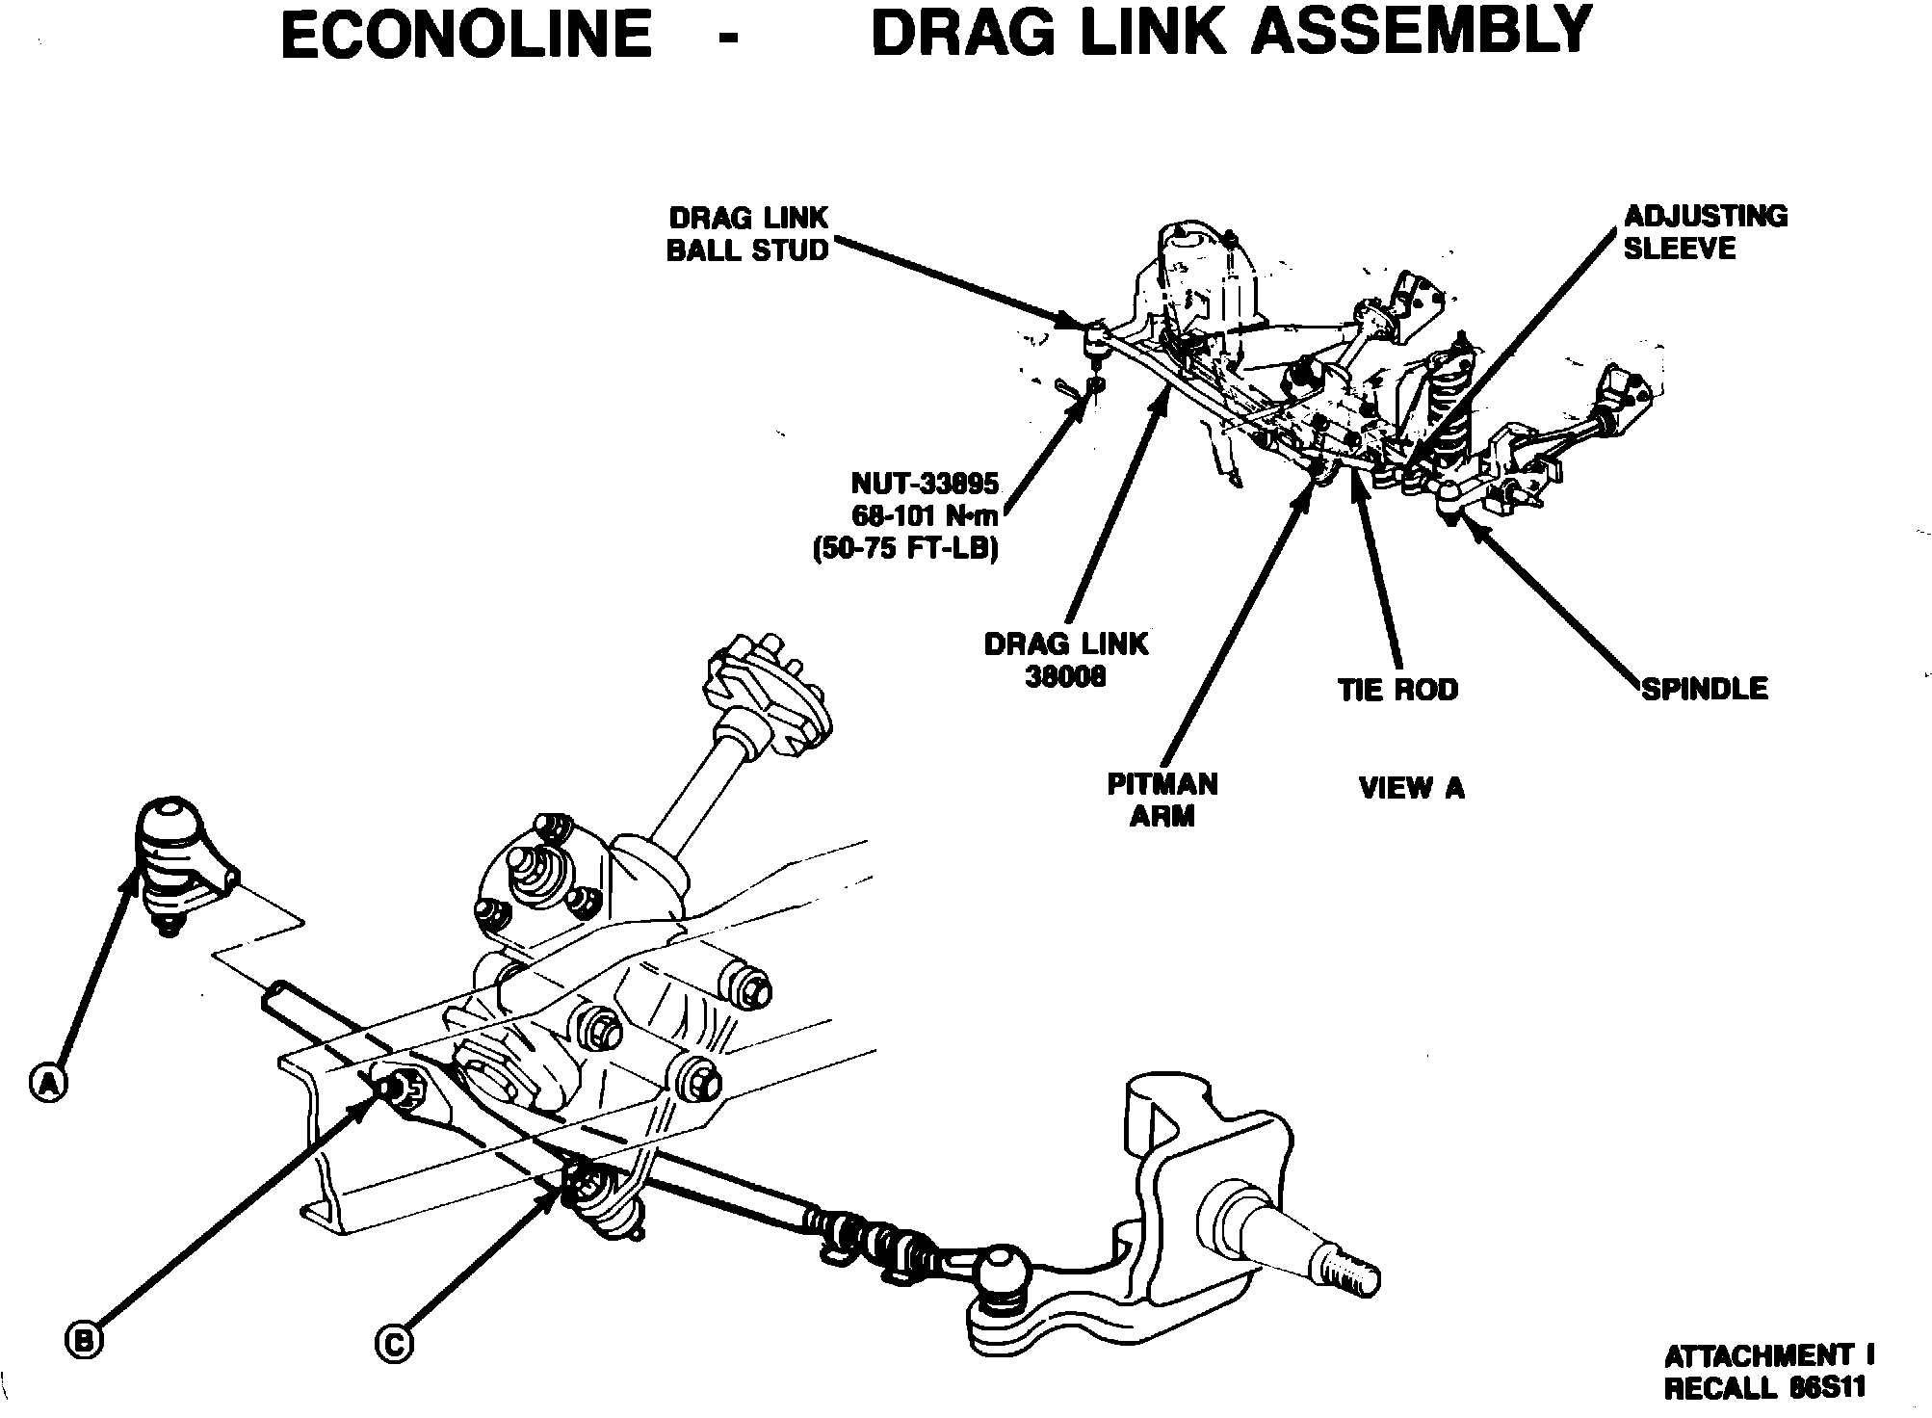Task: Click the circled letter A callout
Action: click(x=46, y=1083)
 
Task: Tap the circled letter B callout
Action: click(x=85, y=1339)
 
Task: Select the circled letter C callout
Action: click(x=394, y=1343)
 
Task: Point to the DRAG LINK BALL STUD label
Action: click(x=747, y=234)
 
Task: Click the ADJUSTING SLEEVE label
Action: click(x=1705, y=232)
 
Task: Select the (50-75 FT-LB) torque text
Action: click(x=903, y=548)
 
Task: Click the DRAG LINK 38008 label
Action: click(x=1066, y=660)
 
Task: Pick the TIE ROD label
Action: click(x=1398, y=690)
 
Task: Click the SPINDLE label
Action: click(x=1705, y=689)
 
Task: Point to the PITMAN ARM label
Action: click(x=1162, y=800)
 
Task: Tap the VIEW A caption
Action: click(x=1411, y=788)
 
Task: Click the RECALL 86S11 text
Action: click(x=1764, y=1388)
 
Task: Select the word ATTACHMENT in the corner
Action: click(x=1758, y=1355)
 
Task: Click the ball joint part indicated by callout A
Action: click(x=171, y=857)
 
